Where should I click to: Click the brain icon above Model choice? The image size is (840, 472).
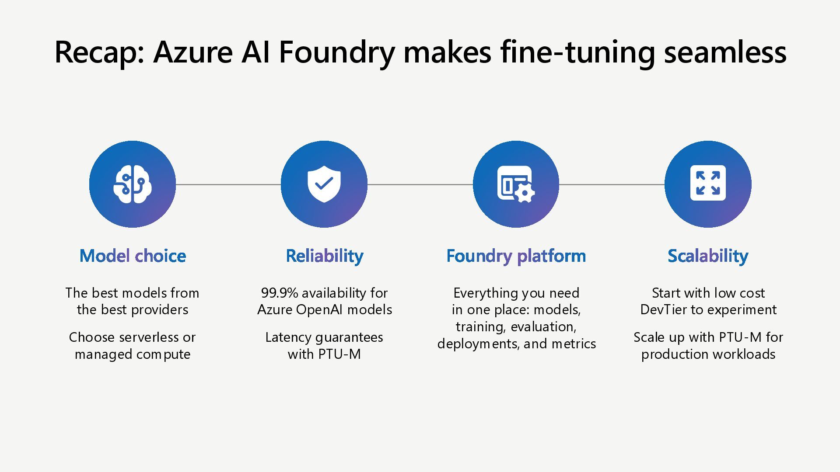(132, 184)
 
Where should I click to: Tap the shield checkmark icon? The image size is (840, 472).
(324, 184)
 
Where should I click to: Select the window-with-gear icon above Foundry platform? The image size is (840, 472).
(516, 184)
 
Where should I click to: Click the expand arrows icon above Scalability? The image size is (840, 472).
(707, 183)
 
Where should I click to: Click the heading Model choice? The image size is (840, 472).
(133, 256)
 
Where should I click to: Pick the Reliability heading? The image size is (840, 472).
(324, 256)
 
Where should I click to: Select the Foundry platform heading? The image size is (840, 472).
(516, 256)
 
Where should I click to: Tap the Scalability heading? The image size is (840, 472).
(707, 256)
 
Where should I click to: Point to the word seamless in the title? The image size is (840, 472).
(725, 52)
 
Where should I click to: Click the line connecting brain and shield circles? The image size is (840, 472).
(228, 184)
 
